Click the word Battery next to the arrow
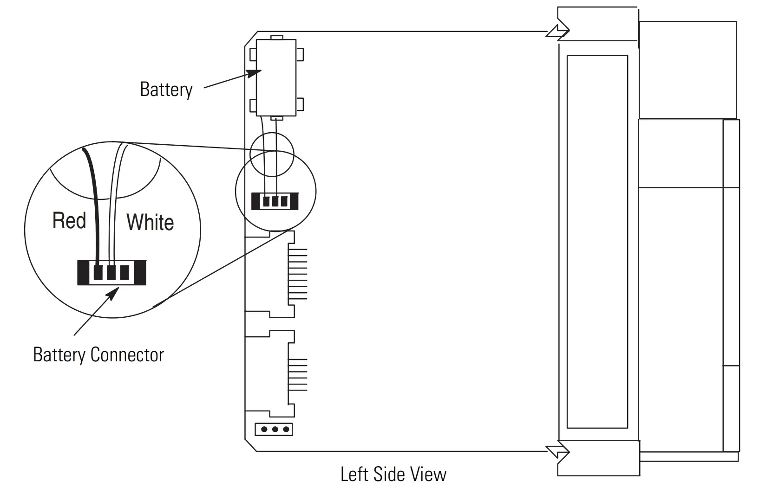click(x=166, y=89)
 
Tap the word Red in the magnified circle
click(x=69, y=220)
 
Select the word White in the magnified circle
click(x=150, y=222)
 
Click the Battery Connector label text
click(x=98, y=355)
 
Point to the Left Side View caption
click(x=393, y=474)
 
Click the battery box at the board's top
click(x=276, y=77)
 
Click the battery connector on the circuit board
click(x=275, y=201)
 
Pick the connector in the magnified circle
click(x=111, y=272)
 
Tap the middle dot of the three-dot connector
click(x=275, y=430)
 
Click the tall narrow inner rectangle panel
click(x=597, y=241)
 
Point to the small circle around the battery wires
click(x=272, y=154)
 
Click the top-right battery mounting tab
click(x=300, y=54)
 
